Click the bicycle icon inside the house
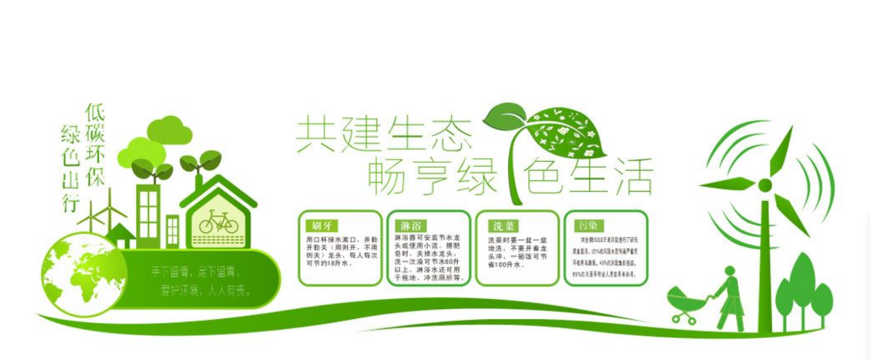pyautogui.click(x=219, y=222)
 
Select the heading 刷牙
pyautogui.click(x=320, y=226)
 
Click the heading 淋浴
pyautogui.click(x=408, y=226)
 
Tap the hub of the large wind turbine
pyautogui.click(x=765, y=185)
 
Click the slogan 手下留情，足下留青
pyautogui.click(x=196, y=272)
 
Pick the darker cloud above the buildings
pyautogui.click(x=169, y=129)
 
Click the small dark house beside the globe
pyautogui.click(x=121, y=235)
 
